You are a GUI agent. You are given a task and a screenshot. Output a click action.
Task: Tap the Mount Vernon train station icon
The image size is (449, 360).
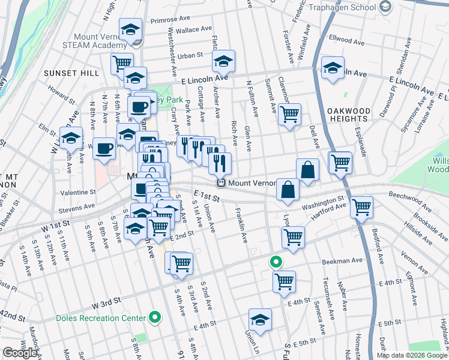(x=221, y=183)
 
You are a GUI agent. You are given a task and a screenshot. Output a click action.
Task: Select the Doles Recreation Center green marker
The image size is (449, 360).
(x=155, y=317)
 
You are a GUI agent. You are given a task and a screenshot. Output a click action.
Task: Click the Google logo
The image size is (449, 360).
(x=20, y=353)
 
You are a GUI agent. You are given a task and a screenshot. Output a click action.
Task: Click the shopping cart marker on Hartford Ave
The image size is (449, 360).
(x=361, y=206)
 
